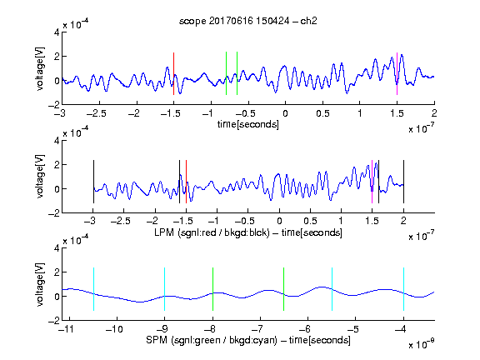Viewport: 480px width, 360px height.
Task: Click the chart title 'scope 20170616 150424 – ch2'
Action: [248, 21]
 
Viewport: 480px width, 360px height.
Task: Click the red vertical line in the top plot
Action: [173, 74]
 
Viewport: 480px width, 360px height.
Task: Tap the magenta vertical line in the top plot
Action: [397, 74]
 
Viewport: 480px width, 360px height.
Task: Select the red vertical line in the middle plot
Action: [186, 182]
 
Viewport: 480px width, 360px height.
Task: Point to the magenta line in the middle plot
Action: [372, 182]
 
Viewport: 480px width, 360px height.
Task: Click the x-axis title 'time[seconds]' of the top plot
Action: [248, 124]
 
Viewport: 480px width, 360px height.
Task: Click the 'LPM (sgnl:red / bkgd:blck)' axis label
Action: [212, 232]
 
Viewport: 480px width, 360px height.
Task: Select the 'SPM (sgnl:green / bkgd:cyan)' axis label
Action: [212, 340]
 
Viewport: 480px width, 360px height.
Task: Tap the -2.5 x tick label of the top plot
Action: [96, 113]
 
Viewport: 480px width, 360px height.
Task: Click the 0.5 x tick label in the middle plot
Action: [310, 221]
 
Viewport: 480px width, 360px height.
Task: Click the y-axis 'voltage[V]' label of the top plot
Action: [40, 68]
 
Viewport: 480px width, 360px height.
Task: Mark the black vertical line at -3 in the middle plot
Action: [93, 182]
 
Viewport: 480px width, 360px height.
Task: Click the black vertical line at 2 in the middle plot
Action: [403, 182]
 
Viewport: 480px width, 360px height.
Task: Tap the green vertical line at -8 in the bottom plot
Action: [212, 289]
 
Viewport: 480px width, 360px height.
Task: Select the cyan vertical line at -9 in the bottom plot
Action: [164, 289]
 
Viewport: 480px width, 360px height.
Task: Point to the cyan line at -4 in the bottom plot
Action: [403, 289]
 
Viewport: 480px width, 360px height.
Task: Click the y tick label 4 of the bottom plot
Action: [57, 248]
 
